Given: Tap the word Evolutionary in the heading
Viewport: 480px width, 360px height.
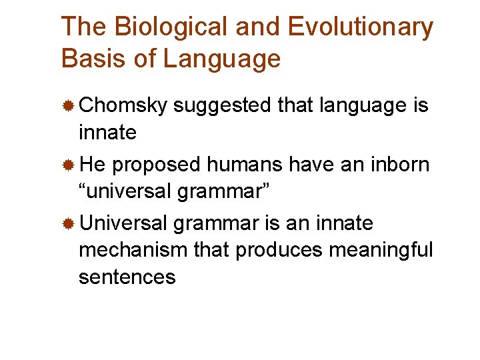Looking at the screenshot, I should click(x=361, y=27).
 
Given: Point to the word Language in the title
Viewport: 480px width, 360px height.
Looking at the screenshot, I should click(x=222, y=59).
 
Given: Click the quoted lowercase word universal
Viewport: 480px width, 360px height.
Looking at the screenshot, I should click(x=127, y=191).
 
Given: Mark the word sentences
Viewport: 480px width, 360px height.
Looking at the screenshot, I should click(x=127, y=277).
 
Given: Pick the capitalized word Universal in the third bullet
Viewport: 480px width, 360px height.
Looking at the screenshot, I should click(x=125, y=223).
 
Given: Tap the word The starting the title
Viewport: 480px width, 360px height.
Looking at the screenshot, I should click(x=84, y=27).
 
